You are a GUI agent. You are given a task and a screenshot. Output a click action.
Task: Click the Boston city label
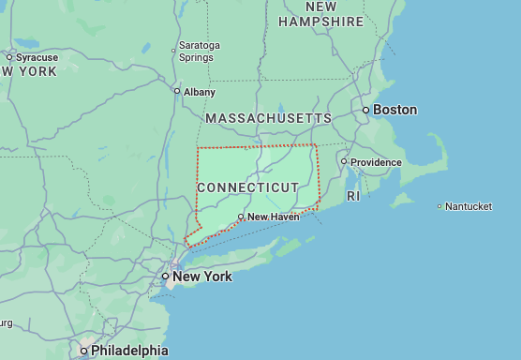(x=394, y=110)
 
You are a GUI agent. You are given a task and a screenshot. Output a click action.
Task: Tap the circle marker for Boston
(x=366, y=110)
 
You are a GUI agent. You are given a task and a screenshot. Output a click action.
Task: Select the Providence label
(x=376, y=162)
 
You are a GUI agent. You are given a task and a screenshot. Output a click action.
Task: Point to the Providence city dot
(x=344, y=161)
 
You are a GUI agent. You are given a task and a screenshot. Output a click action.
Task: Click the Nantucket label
(x=469, y=206)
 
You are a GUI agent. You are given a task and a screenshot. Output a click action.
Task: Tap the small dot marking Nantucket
(x=439, y=206)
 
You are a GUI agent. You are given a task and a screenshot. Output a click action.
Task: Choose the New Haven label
(x=273, y=217)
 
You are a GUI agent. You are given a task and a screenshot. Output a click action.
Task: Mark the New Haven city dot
(x=241, y=217)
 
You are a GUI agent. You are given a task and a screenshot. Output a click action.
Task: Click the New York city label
(x=202, y=277)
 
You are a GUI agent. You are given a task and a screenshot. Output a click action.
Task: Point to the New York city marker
(x=165, y=277)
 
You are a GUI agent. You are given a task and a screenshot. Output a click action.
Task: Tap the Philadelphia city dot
(x=83, y=351)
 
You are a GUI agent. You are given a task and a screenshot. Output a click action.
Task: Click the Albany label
(x=200, y=91)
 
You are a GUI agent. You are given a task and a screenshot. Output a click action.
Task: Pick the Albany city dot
(x=177, y=91)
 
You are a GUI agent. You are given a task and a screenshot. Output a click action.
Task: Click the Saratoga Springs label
(x=199, y=51)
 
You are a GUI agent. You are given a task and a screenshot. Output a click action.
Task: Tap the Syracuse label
(x=37, y=57)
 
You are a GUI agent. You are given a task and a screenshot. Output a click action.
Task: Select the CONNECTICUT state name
(x=248, y=187)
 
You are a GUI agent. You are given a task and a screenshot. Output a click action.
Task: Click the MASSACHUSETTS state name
(x=268, y=118)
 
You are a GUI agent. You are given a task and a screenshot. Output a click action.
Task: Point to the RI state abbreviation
(x=352, y=196)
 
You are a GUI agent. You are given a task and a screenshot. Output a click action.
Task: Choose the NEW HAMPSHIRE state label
(x=320, y=14)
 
